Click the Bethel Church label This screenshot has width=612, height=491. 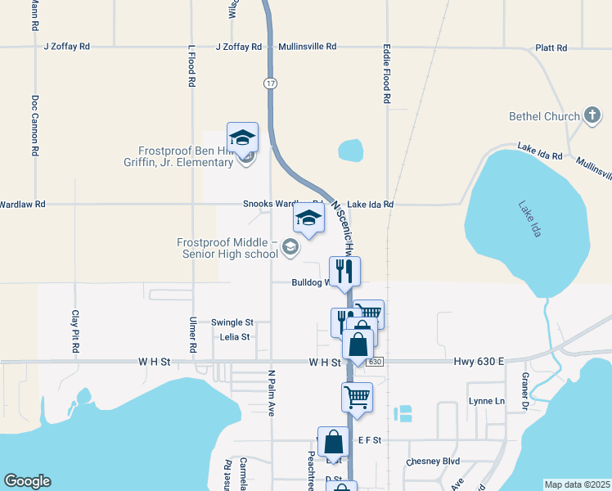point(544,116)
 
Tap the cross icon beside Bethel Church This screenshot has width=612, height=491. point(592,116)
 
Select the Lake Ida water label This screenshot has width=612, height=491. point(530,219)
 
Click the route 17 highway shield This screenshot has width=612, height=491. point(269,83)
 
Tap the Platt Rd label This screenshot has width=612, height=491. point(551,47)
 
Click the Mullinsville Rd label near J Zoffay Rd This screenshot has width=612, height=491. point(307,47)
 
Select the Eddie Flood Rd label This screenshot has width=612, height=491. point(387,74)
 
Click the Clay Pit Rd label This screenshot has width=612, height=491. point(74,331)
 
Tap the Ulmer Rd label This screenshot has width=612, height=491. point(193,335)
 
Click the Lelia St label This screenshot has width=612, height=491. point(234,336)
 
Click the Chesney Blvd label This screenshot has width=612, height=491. point(433,462)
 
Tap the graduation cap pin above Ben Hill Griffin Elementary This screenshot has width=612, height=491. point(242,137)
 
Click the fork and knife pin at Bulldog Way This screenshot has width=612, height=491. point(344,271)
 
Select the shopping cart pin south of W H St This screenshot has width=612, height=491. point(357,397)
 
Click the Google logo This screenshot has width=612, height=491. point(27,481)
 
